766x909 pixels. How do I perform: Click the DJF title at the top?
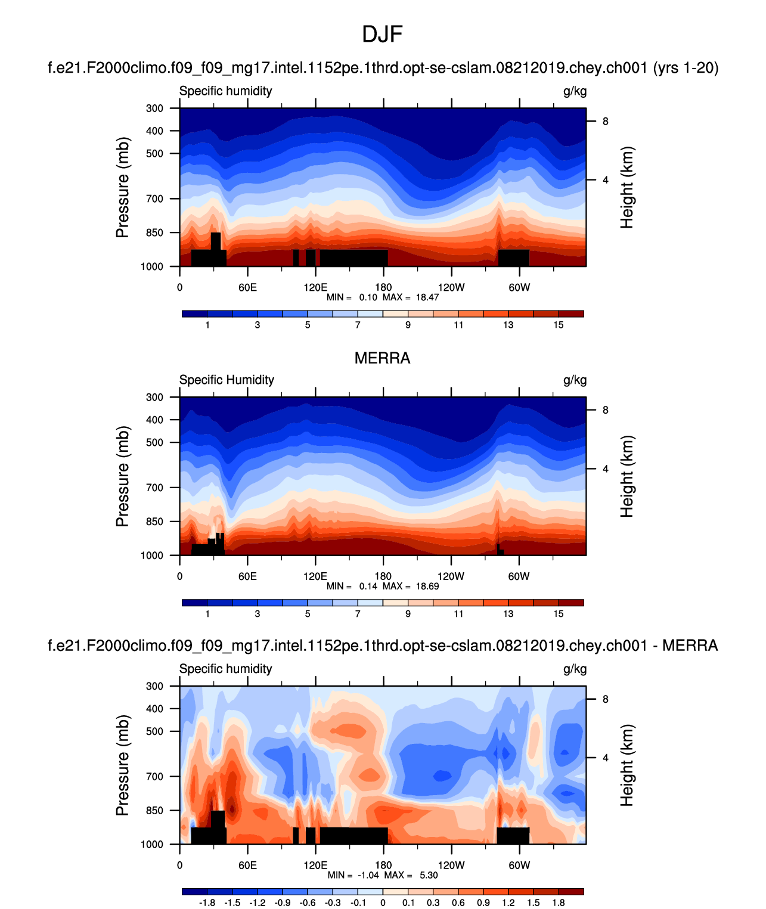[x=382, y=35]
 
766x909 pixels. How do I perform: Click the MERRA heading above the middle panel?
[x=382, y=358]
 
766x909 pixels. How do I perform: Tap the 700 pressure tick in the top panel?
[x=154, y=198]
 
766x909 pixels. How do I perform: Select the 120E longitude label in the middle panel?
[x=315, y=576]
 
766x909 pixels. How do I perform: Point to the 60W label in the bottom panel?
[x=519, y=865]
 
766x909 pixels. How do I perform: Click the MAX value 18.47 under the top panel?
[x=427, y=297]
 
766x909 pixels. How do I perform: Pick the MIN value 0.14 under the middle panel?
[x=368, y=586]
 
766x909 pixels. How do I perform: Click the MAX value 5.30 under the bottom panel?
[x=428, y=875]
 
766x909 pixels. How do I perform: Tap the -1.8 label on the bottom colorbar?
[x=206, y=902]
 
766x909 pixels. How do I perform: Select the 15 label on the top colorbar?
[x=558, y=325]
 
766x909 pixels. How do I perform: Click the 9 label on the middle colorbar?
[x=408, y=614]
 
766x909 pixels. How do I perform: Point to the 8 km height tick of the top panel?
[x=605, y=122]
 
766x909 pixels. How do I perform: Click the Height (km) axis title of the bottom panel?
[x=627, y=765]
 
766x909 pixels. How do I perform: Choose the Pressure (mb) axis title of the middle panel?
[x=122, y=476]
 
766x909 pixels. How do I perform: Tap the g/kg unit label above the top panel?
[x=575, y=91]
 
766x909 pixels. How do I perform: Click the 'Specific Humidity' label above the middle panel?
[x=227, y=380]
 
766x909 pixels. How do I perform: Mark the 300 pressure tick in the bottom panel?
[x=154, y=686]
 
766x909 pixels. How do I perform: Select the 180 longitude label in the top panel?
[x=383, y=287]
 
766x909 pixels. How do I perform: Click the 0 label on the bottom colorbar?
[x=383, y=902]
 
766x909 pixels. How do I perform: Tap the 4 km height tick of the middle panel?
[x=605, y=469]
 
